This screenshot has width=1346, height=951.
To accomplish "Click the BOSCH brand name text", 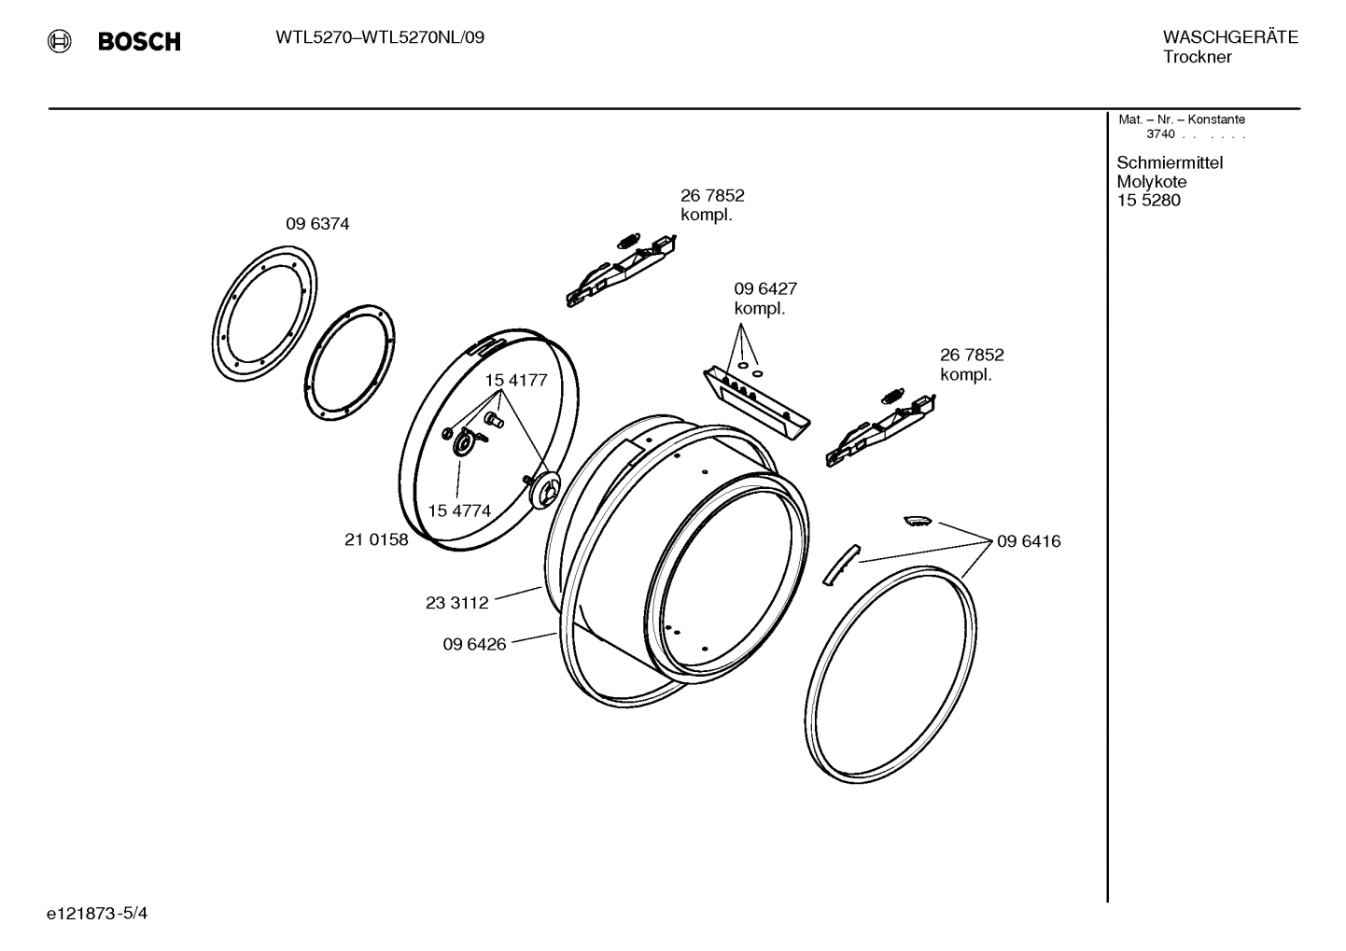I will [139, 41].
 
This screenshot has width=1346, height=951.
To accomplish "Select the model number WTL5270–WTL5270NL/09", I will [379, 38].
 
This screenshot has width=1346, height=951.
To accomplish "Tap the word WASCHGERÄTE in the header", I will [1229, 37].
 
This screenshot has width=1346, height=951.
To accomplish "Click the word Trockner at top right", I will [1197, 57].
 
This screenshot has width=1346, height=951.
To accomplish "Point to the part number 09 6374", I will [317, 224].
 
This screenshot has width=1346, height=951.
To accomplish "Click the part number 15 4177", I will [515, 381].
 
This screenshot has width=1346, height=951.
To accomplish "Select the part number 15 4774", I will [459, 510].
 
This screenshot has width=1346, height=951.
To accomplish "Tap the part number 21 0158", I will [376, 539].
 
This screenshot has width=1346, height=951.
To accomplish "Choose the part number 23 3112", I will [456, 603].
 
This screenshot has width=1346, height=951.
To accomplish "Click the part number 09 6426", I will [474, 644].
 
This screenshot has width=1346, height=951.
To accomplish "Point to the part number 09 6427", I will [764, 289].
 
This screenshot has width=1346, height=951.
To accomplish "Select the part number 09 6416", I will [1028, 541].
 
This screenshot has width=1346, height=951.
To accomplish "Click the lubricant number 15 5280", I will [1148, 201].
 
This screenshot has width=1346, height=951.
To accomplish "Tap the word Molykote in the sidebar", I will [1151, 182].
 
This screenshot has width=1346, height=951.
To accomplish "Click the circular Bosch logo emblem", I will [59, 41].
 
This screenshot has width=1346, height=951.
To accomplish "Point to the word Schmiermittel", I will [1170, 162].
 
